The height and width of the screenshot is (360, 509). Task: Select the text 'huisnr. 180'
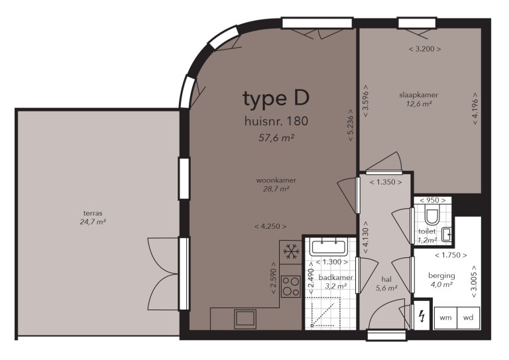(x=276, y=121)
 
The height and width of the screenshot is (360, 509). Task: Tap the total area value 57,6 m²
(x=276, y=139)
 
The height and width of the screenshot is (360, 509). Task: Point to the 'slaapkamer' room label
(x=418, y=95)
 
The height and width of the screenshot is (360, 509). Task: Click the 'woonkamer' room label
(x=276, y=180)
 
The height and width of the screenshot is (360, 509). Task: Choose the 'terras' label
(x=93, y=213)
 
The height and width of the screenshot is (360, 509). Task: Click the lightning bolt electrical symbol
(x=420, y=317)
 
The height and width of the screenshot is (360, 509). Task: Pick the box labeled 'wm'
(x=445, y=318)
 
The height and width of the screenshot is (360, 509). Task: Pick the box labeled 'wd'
(x=469, y=318)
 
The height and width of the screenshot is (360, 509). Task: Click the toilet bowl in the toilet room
(x=431, y=216)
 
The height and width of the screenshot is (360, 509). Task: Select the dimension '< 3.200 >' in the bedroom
(x=424, y=49)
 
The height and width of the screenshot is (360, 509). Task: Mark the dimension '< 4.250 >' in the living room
(x=270, y=227)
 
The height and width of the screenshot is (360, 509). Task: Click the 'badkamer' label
(x=335, y=277)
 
